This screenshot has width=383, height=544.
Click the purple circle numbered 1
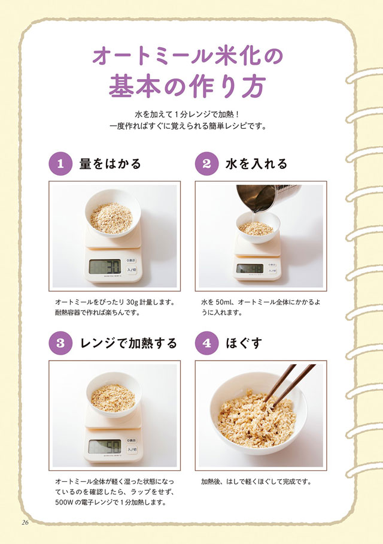[x=60, y=164]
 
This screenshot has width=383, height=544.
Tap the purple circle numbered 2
[x=206, y=164]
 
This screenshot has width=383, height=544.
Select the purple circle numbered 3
[x=60, y=343]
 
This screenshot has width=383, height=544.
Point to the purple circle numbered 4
[x=206, y=343]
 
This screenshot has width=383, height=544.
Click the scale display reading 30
[x=105, y=267]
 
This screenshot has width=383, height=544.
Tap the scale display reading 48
[x=250, y=268]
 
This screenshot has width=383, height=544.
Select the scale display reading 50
[x=105, y=446]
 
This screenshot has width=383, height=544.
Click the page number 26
[x=25, y=522]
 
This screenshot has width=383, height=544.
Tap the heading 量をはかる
[x=110, y=164]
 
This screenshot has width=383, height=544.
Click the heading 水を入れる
[x=257, y=164]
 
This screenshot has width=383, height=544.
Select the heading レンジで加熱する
[x=129, y=343]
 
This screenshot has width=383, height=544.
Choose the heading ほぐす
[x=244, y=343]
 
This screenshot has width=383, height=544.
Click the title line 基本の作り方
[x=187, y=87]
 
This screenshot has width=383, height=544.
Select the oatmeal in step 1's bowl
[x=111, y=218]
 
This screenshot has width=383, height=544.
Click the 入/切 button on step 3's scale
[x=132, y=449]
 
